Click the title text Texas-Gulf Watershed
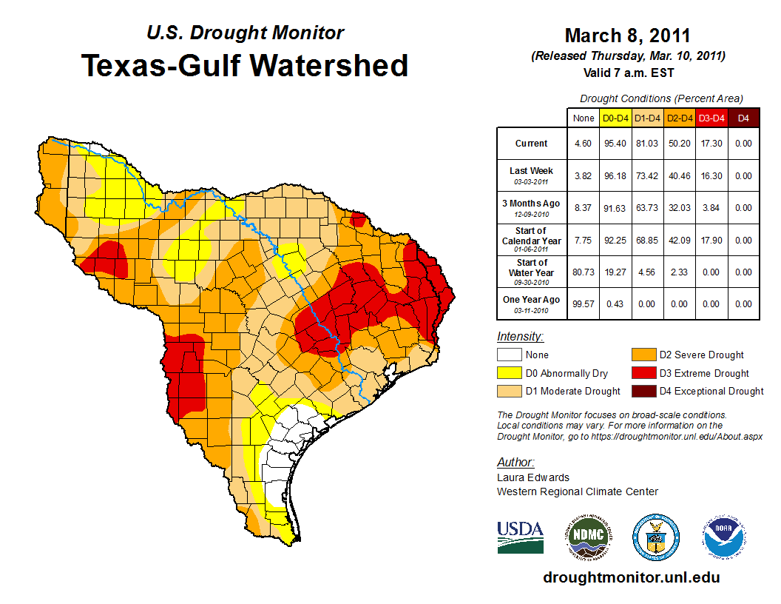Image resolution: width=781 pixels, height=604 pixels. pos(244,65)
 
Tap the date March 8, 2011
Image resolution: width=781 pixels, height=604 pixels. pos(627,36)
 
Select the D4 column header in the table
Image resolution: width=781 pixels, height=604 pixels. pos(743,118)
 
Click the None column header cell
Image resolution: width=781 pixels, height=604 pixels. pos(583,118)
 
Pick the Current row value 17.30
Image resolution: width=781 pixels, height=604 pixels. pos(711,144)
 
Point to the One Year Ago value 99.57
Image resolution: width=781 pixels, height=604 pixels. pos(583,303)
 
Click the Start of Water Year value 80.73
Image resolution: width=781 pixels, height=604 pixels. pos(583,272)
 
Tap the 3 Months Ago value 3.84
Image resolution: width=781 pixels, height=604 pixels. pos(711,208)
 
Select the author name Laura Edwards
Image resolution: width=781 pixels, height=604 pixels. pos(532,477)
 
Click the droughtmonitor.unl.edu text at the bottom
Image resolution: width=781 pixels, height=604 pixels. pos(631,577)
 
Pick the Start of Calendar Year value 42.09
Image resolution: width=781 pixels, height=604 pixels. pos(679,240)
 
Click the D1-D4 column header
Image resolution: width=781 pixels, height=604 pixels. pos(647,118)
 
